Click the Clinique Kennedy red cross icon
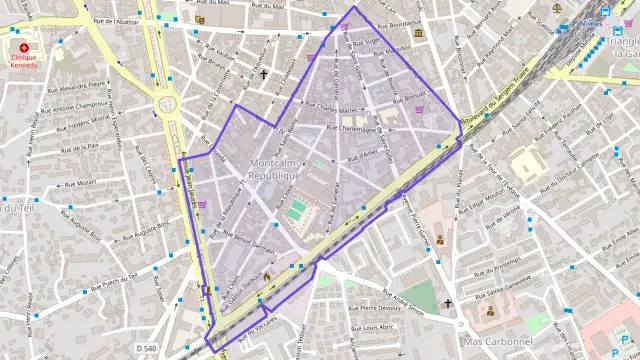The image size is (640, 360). tap(24, 47)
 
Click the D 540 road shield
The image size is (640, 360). tap(147, 346)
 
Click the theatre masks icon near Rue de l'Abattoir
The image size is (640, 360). tap(201, 19)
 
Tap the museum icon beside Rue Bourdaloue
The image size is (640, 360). tap(418, 34)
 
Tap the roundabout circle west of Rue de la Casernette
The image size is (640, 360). tap(166, 102)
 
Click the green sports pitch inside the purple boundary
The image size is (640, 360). tap(298, 210)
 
